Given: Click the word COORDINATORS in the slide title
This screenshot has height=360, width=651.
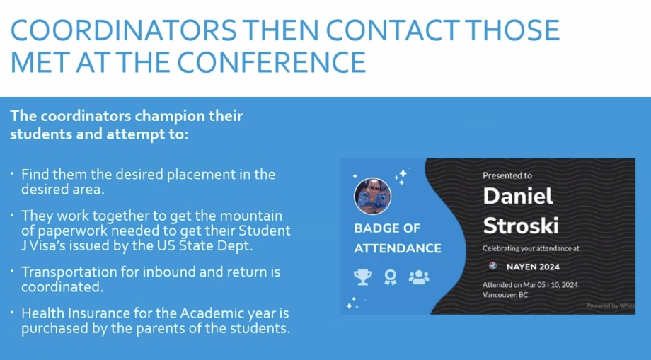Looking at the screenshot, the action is coord(123,30).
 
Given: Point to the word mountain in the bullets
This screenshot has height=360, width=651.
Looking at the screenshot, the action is coord(250,216).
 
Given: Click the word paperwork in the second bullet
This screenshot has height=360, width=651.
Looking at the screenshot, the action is coord(78,231).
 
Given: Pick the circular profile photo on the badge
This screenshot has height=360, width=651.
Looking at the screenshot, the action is coord(372,196).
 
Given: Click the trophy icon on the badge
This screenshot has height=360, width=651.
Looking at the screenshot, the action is coord(362,277).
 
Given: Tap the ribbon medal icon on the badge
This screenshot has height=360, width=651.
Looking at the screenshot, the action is coord(391,277).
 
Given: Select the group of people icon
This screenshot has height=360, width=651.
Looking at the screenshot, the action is coord(418,277).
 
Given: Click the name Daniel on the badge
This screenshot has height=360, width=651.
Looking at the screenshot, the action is coord(518,196).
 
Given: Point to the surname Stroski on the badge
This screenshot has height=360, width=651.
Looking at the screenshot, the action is coord(521,226).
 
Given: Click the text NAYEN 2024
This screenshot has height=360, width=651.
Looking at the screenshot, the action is coord(533,267).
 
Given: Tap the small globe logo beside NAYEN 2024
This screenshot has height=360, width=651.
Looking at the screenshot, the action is coord(492,266).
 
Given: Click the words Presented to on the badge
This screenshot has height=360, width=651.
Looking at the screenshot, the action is coord(507,175).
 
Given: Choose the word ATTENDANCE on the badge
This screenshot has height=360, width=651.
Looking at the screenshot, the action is coord(398,248).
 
